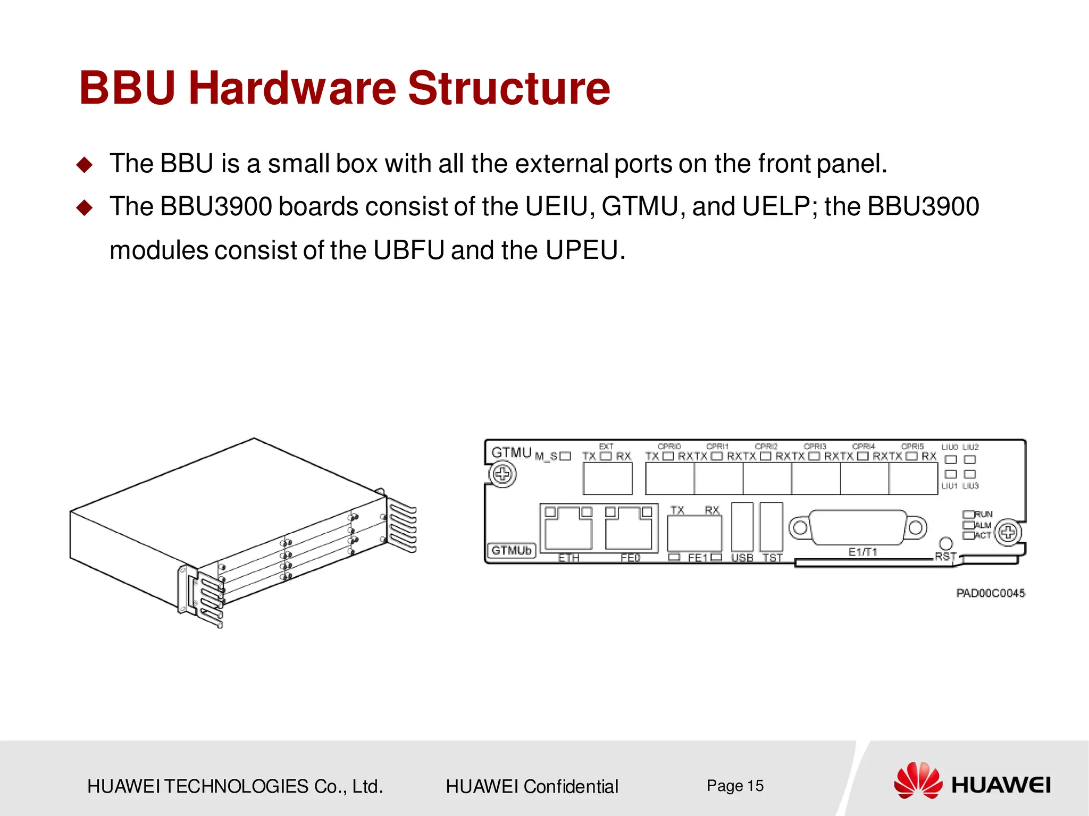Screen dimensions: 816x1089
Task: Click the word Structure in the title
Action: point(509,88)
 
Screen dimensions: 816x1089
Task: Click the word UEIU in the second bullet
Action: point(559,206)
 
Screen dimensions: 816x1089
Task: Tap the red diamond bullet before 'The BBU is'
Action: point(84,164)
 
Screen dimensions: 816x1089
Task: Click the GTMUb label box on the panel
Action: point(510,550)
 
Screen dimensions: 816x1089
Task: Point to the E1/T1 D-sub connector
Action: point(857,527)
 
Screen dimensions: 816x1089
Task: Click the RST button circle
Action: point(946,543)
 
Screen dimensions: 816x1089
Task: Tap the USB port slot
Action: point(742,527)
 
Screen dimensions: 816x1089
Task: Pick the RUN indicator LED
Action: point(968,514)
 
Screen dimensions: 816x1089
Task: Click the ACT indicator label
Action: point(983,535)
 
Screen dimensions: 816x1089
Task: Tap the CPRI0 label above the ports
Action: point(669,447)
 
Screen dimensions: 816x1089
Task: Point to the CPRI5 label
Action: point(912,447)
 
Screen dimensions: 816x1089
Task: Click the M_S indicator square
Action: point(565,456)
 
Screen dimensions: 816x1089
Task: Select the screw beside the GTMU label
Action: point(502,474)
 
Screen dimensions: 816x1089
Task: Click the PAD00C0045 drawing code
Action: point(990,593)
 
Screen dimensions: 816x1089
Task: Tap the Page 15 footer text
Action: point(735,786)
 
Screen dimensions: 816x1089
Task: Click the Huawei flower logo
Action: point(918,780)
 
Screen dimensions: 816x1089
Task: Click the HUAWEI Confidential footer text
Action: point(532,786)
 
